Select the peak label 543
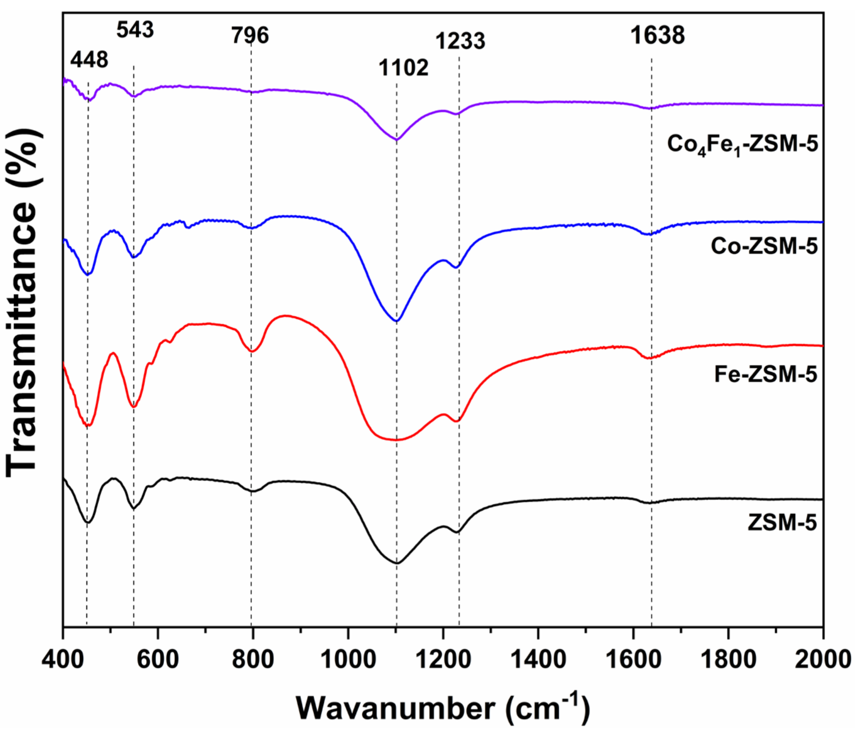(135, 30)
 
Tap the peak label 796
(250, 35)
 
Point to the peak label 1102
(403, 67)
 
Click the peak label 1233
(460, 41)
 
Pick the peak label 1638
(657, 35)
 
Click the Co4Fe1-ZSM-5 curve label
(742, 145)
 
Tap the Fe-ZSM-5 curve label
(765, 374)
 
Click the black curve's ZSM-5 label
(782, 522)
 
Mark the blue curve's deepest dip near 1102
(396, 321)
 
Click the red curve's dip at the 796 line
(251, 351)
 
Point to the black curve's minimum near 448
(87, 522)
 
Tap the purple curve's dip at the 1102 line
(396, 139)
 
